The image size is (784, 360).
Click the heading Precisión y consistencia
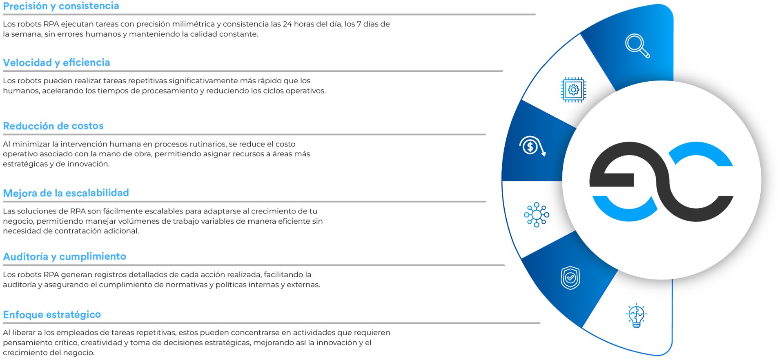[61, 6]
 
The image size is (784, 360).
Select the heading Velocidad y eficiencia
[57, 62]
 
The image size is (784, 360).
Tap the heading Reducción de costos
[53, 126]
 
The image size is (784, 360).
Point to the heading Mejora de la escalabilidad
[66, 193]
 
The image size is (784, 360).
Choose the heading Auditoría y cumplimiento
[65, 256]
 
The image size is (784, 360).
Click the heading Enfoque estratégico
[52, 315]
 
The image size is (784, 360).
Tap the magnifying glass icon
[637, 46]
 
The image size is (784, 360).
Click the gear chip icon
[573, 90]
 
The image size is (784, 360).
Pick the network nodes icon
[537, 215]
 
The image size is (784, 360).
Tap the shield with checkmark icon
[570, 278]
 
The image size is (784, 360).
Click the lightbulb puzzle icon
[636, 315]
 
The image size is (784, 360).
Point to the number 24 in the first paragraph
[287, 24]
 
